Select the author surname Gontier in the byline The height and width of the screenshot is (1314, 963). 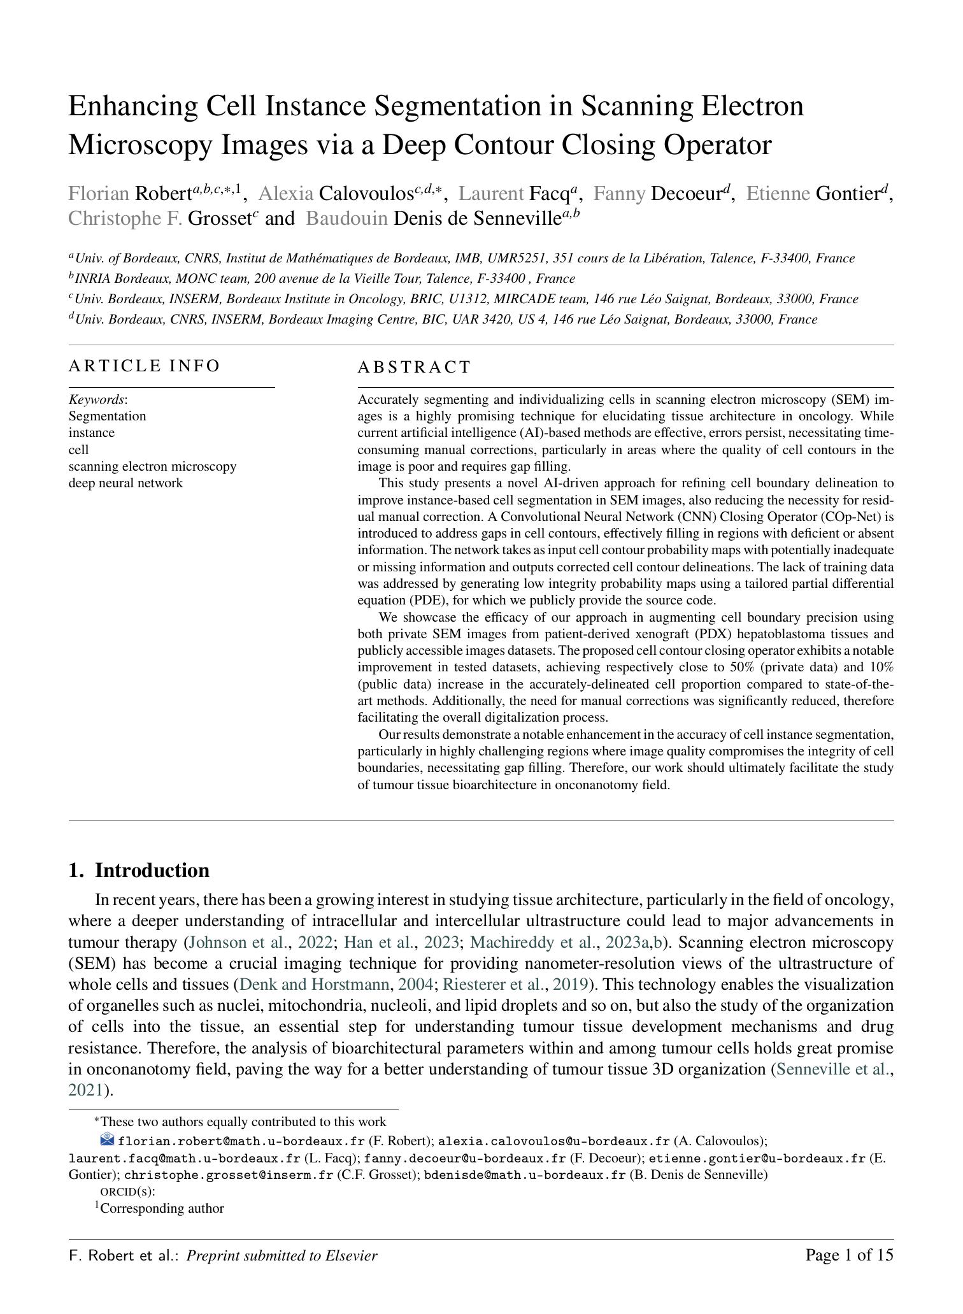pyautogui.click(x=847, y=193)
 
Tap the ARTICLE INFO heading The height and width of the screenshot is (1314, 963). pyautogui.click(x=144, y=366)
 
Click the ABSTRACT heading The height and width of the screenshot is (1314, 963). pyautogui.click(x=414, y=368)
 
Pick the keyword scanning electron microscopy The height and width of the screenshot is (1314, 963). pyautogui.click(x=152, y=466)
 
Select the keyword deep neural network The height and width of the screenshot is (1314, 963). pyautogui.click(x=125, y=483)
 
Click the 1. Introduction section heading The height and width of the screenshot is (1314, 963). pyautogui.click(x=139, y=871)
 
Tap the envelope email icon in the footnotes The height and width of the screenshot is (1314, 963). pyautogui.click(x=107, y=1138)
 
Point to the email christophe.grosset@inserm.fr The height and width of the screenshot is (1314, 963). pyautogui.click(x=229, y=1175)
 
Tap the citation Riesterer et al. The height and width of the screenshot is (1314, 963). pyautogui.click(x=494, y=985)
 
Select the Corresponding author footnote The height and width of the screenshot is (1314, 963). pyautogui.click(x=162, y=1208)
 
